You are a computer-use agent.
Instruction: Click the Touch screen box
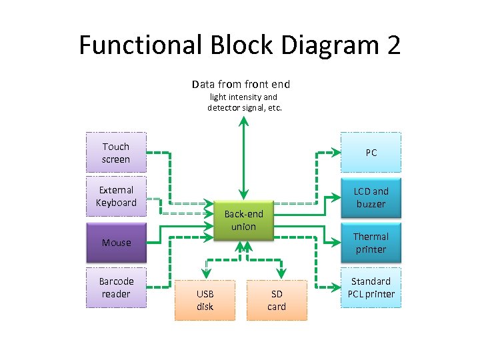click(116, 153)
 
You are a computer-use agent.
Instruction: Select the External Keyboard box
click(116, 196)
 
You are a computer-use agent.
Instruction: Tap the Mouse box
click(116, 243)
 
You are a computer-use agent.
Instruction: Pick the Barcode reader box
click(116, 287)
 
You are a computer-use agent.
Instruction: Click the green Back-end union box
click(243, 220)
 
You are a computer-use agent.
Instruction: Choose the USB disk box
click(205, 300)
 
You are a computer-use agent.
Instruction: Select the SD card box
click(276, 300)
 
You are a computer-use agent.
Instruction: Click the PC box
click(371, 153)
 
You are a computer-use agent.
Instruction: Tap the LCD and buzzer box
click(371, 197)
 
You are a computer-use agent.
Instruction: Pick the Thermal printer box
click(371, 243)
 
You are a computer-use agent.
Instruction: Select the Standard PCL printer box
click(371, 287)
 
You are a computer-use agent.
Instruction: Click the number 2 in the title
click(393, 45)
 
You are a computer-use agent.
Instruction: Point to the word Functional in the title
click(140, 45)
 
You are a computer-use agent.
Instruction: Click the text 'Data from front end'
click(241, 84)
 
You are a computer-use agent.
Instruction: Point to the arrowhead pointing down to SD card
click(281, 275)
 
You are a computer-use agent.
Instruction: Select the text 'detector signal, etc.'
click(245, 107)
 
